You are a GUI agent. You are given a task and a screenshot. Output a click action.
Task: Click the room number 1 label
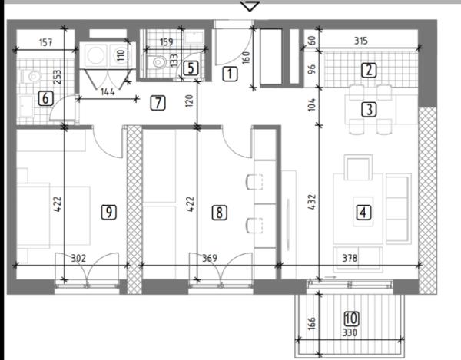point(230,74)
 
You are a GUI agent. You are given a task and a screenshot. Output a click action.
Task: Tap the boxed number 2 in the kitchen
point(369,70)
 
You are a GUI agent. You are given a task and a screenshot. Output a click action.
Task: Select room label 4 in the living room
point(363,213)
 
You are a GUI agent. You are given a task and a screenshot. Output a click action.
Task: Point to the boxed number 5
point(191,68)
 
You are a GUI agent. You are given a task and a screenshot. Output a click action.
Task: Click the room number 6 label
point(45,98)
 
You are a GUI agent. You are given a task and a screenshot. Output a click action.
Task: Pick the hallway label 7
point(158,103)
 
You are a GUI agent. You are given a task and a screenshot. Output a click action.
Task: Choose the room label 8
point(219,213)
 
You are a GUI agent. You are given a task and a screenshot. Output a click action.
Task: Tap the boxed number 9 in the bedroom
point(109,212)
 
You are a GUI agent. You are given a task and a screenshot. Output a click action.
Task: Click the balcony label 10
point(351,319)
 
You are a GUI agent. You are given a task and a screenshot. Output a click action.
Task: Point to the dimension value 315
point(361,41)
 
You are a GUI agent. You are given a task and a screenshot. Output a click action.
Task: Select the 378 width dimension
point(350,258)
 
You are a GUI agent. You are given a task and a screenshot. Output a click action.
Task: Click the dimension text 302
point(79,258)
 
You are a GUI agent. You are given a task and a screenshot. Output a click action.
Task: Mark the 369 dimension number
point(210,258)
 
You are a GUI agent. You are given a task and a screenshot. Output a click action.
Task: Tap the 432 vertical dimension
point(312,202)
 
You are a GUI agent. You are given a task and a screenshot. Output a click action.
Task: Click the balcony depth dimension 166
point(312,322)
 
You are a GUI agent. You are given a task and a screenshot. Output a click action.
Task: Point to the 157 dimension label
point(46,42)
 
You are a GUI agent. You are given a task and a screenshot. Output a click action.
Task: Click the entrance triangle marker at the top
point(250,6)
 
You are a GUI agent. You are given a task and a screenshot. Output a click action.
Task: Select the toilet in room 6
point(31,77)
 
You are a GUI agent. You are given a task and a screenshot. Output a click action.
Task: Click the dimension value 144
point(108,92)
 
